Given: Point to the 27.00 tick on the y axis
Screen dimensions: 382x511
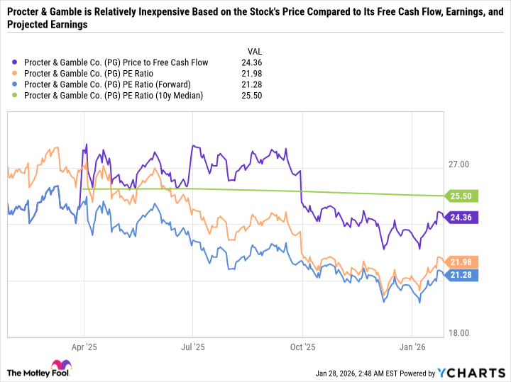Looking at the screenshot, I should click(x=460, y=164).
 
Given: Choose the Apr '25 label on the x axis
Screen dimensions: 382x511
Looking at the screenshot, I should click(x=84, y=347).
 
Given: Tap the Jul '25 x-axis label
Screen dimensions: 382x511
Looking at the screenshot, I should click(x=193, y=347).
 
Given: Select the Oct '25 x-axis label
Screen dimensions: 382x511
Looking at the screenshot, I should click(x=302, y=347).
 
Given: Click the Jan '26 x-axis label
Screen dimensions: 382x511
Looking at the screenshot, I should click(x=412, y=347).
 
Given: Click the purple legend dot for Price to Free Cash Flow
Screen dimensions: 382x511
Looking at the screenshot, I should click(x=16, y=62).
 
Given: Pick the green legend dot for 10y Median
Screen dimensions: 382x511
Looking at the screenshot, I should click(x=16, y=95).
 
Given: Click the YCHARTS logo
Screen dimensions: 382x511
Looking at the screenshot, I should click(x=470, y=373).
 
